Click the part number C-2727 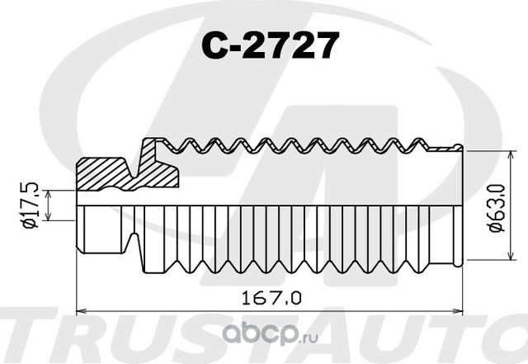point(270,46)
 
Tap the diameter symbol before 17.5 point(31,223)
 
